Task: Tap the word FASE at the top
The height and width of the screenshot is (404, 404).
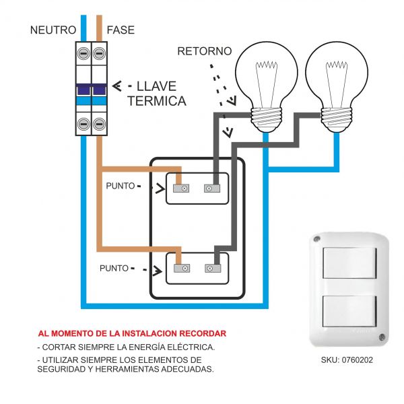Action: click(121, 30)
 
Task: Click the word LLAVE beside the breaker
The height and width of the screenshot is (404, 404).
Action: click(156, 86)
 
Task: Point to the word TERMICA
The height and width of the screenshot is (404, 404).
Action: click(156, 101)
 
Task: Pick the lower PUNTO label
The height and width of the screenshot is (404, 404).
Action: click(114, 268)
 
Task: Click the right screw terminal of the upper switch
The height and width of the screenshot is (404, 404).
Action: click(212, 189)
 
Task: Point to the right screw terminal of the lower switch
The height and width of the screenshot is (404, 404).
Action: click(212, 268)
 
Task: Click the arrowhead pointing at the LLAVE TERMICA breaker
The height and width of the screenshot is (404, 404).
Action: click(116, 86)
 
